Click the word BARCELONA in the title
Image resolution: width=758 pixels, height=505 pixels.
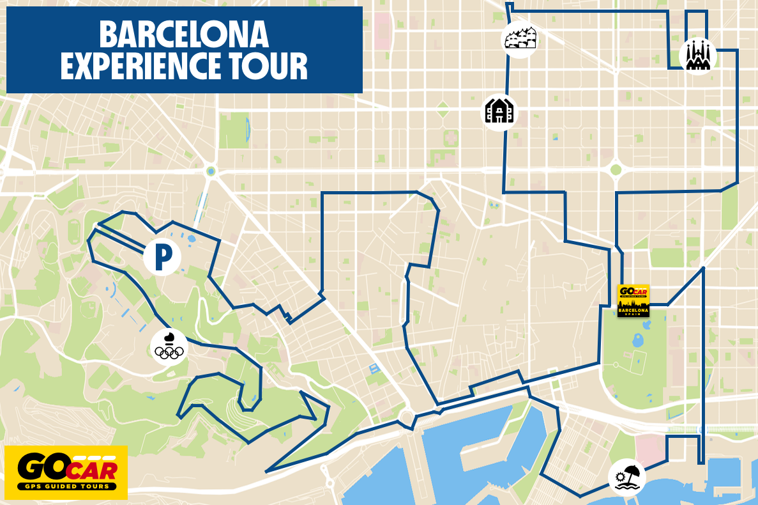pyautogui.click(x=184, y=35)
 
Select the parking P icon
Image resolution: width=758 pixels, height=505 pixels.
pyautogui.click(x=162, y=257)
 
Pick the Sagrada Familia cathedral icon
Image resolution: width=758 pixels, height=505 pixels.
pyautogui.click(x=697, y=56)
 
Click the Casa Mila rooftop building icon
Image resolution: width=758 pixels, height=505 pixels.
pyautogui.click(x=519, y=39)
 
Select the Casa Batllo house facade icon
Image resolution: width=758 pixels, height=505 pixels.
pyautogui.click(x=499, y=112)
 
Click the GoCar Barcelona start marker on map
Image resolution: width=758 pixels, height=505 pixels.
pyautogui.click(x=633, y=300)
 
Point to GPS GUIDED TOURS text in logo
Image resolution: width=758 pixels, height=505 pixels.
pyautogui.click(x=66, y=486)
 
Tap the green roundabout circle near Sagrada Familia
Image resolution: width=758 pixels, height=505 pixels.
pyautogui.click(x=615, y=169)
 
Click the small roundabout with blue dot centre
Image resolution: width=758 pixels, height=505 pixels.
pyautogui.click(x=210, y=171)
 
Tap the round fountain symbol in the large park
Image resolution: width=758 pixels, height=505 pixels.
pyautogui.click(x=616, y=365)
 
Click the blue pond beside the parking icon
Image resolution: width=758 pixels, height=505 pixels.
pyautogui.click(x=192, y=238)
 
